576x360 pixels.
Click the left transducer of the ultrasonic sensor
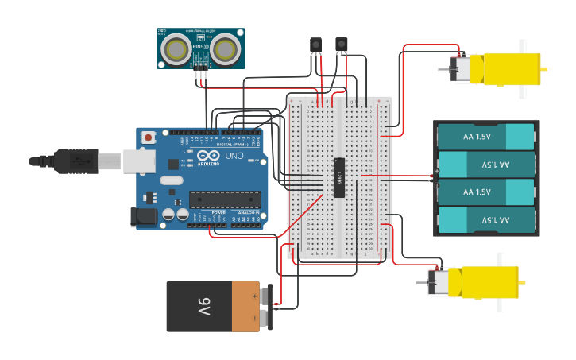[x=176, y=50]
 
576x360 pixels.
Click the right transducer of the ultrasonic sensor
[x=226, y=50]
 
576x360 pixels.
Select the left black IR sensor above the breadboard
[x=315, y=45]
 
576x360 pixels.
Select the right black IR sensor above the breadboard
[x=342, y=43]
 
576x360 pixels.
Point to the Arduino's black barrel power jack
[x=143, y=215]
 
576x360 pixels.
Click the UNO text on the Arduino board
[x=235, y=157]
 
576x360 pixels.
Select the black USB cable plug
[x=75, y=161]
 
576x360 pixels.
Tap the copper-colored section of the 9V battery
[x=245, y=306]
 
